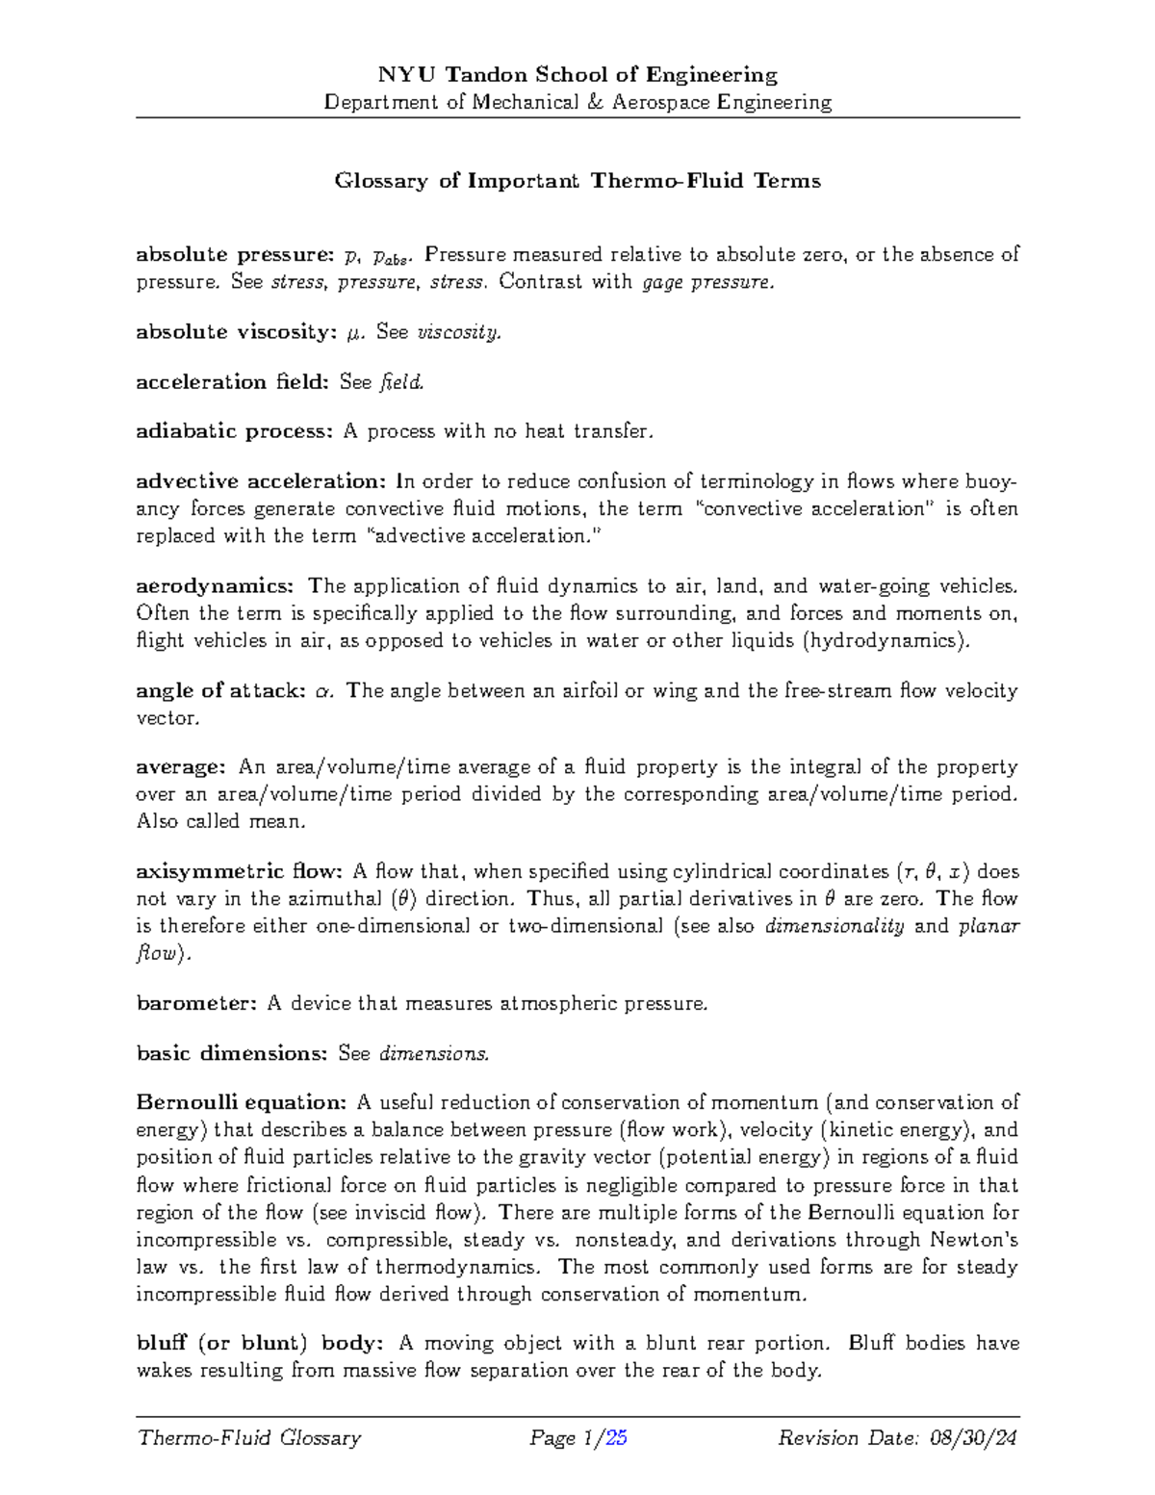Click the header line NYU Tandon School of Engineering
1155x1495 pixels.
pyautogui.click(x=577, y=75)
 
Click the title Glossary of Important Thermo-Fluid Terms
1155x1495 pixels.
pyautogui.click(x=577, y=181)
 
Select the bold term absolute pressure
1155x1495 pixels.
pyautogui.click(x=234, y=255)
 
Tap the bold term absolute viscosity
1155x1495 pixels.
pyautogui.click(x=235, y=332)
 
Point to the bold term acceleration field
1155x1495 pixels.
pyautogui.click(x=231, y=382)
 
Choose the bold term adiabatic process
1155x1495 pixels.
pyautogui.click(x=234, y=431)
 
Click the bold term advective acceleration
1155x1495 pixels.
pyautogui.click(x=261, y=481)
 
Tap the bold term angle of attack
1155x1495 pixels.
pyautogui.click(x=220, y=691)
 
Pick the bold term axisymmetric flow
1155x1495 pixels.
pyautogui.click(x=239, y=872)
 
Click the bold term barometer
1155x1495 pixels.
pyautogui.click(x=196, y=1004)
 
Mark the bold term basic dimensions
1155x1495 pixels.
pyautogui.click(x=232, y=1054)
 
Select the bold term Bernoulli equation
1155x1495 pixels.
pyautogui.click(x=241, y=1103)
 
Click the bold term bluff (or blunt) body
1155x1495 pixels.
pyautogui.click(x=260, y=1344)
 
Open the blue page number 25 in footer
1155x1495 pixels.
pyautogui.click(x=616, y=1438)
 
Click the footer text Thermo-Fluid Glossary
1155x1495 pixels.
pyautogui.click(x=249, y=1438)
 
